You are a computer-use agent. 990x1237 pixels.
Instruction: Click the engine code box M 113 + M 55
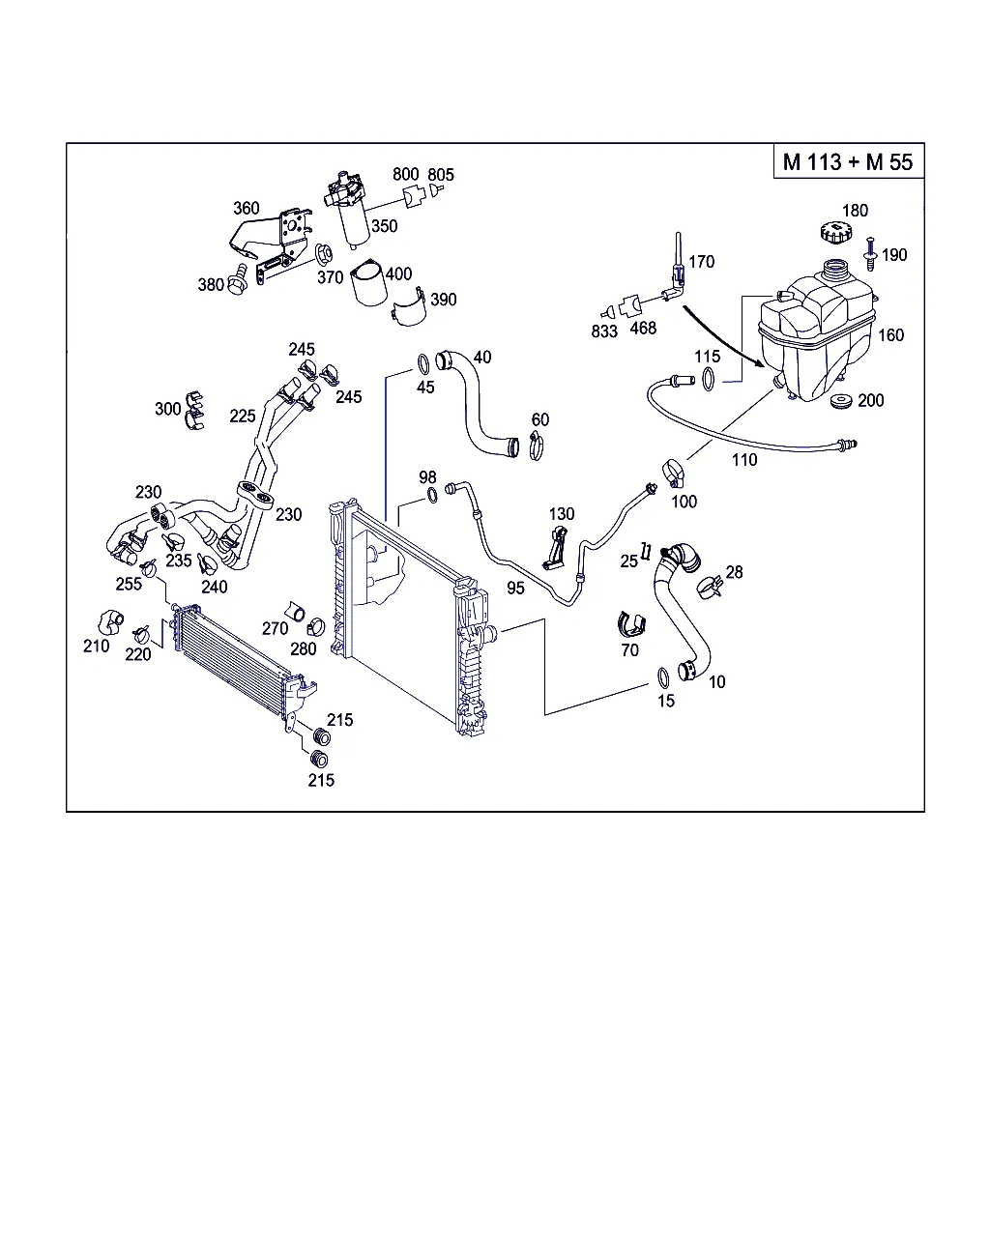tap(848, 161)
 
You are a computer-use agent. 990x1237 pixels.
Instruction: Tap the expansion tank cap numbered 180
tap(830, 233)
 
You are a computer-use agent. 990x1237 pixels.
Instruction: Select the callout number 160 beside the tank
tap(890, 335)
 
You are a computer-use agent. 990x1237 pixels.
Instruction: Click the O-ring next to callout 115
tap(710, 379)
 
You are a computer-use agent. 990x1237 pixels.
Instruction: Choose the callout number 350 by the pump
tap(385, 226)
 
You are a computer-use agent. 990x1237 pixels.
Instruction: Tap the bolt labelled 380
tap(237, 284)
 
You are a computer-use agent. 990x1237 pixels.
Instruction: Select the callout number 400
tap(398, 273)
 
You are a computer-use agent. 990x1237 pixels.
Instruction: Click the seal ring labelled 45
tap(423, 363)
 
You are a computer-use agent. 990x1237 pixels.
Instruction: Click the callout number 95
tap(515, 588)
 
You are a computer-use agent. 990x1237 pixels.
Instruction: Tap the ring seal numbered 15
tap(662, 676)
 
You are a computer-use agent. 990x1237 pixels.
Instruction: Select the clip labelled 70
tap(630, 625)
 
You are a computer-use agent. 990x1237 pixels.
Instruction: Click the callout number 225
tap(243, 416)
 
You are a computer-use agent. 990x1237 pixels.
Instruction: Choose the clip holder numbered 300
tap(194, 408)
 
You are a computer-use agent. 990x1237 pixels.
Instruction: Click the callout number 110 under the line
tap(744, 459)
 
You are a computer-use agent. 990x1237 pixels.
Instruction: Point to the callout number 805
tap(441, 175)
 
